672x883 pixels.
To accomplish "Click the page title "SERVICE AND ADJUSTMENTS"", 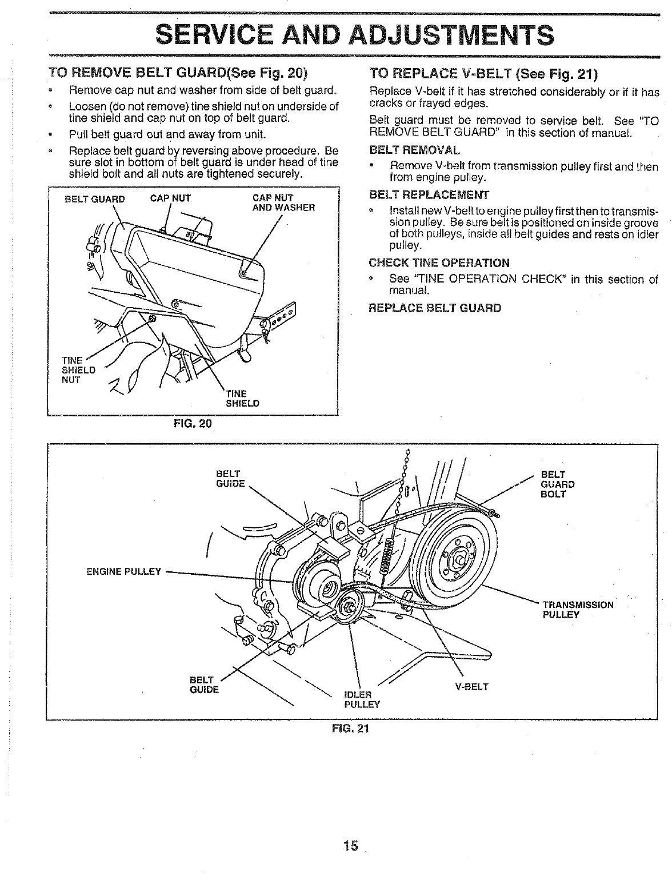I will click(x=355, y=34).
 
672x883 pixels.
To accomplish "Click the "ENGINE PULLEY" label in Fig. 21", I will click(x=123, y=571).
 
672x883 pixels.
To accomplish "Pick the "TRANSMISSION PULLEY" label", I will click(x=578, y=610).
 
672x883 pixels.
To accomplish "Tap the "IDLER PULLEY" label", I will click(x=362, y=699).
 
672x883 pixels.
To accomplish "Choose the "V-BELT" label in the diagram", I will click(x=471, y=686).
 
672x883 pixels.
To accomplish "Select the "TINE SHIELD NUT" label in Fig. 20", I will click(x=74, y=370).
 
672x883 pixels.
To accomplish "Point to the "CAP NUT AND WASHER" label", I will click(x=283, y=203).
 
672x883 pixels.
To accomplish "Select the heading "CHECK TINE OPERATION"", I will click(x=439, y=263).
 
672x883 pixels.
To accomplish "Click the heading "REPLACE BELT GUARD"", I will click(x=435, y=308).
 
